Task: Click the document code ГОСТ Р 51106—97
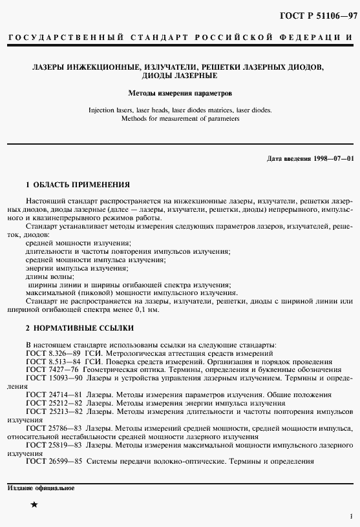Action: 318,15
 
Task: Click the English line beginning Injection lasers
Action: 180,110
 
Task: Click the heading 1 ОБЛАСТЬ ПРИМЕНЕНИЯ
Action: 78,184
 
